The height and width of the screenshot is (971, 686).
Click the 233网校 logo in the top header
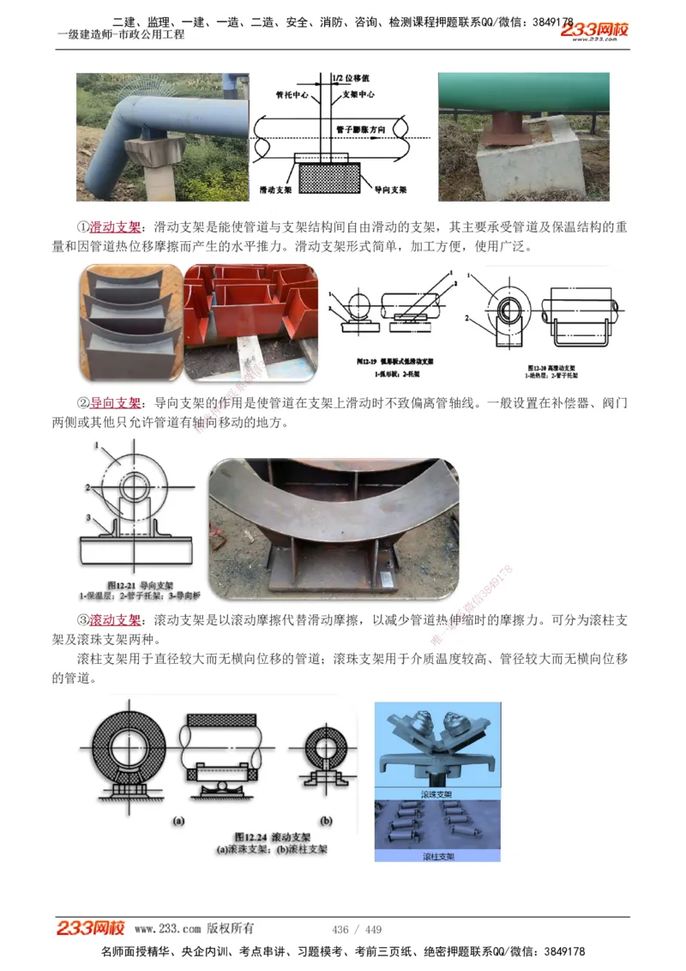point(594,31)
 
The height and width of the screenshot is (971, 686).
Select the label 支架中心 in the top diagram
point(359,94)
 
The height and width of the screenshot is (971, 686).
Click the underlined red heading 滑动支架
point(115,227)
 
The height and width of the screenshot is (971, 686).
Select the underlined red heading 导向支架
point(115,403)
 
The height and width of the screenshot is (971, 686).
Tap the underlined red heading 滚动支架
point(115,620)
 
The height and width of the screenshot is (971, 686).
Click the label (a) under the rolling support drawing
point(178,821)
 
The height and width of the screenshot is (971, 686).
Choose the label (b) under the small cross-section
point(326,821)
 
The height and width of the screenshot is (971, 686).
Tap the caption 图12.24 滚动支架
point(271,835)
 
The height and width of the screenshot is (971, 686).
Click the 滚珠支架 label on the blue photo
point(437,794)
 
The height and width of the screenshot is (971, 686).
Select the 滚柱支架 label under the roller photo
point(437,856)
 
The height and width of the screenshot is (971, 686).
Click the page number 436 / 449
point(357,930)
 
